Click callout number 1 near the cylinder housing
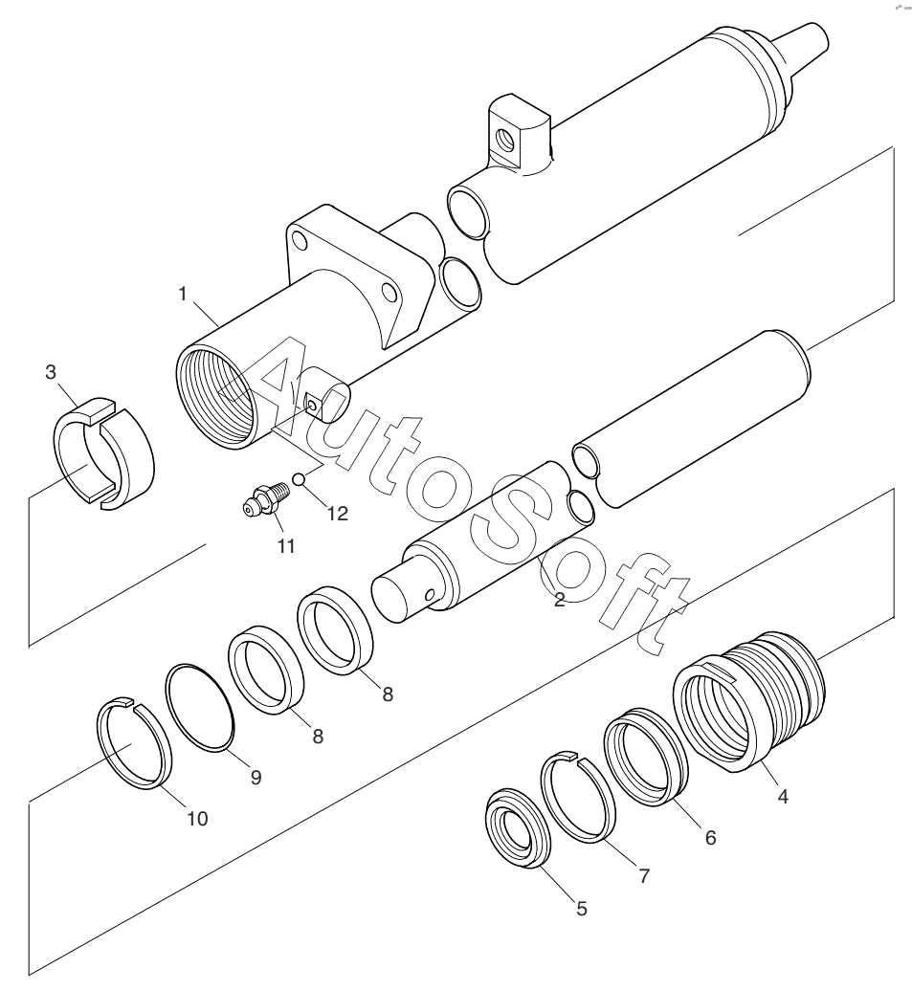pos(182,295)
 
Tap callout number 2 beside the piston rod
pos(560,600)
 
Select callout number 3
pos(52,372)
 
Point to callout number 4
pos(783,794)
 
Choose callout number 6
pos(709,836)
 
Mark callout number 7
pos(644,874)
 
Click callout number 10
pos(197,819)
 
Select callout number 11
pos(286,546)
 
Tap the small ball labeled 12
pos(299,478)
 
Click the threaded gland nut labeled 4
pos(746,708)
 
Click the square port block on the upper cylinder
pos(517,134)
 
